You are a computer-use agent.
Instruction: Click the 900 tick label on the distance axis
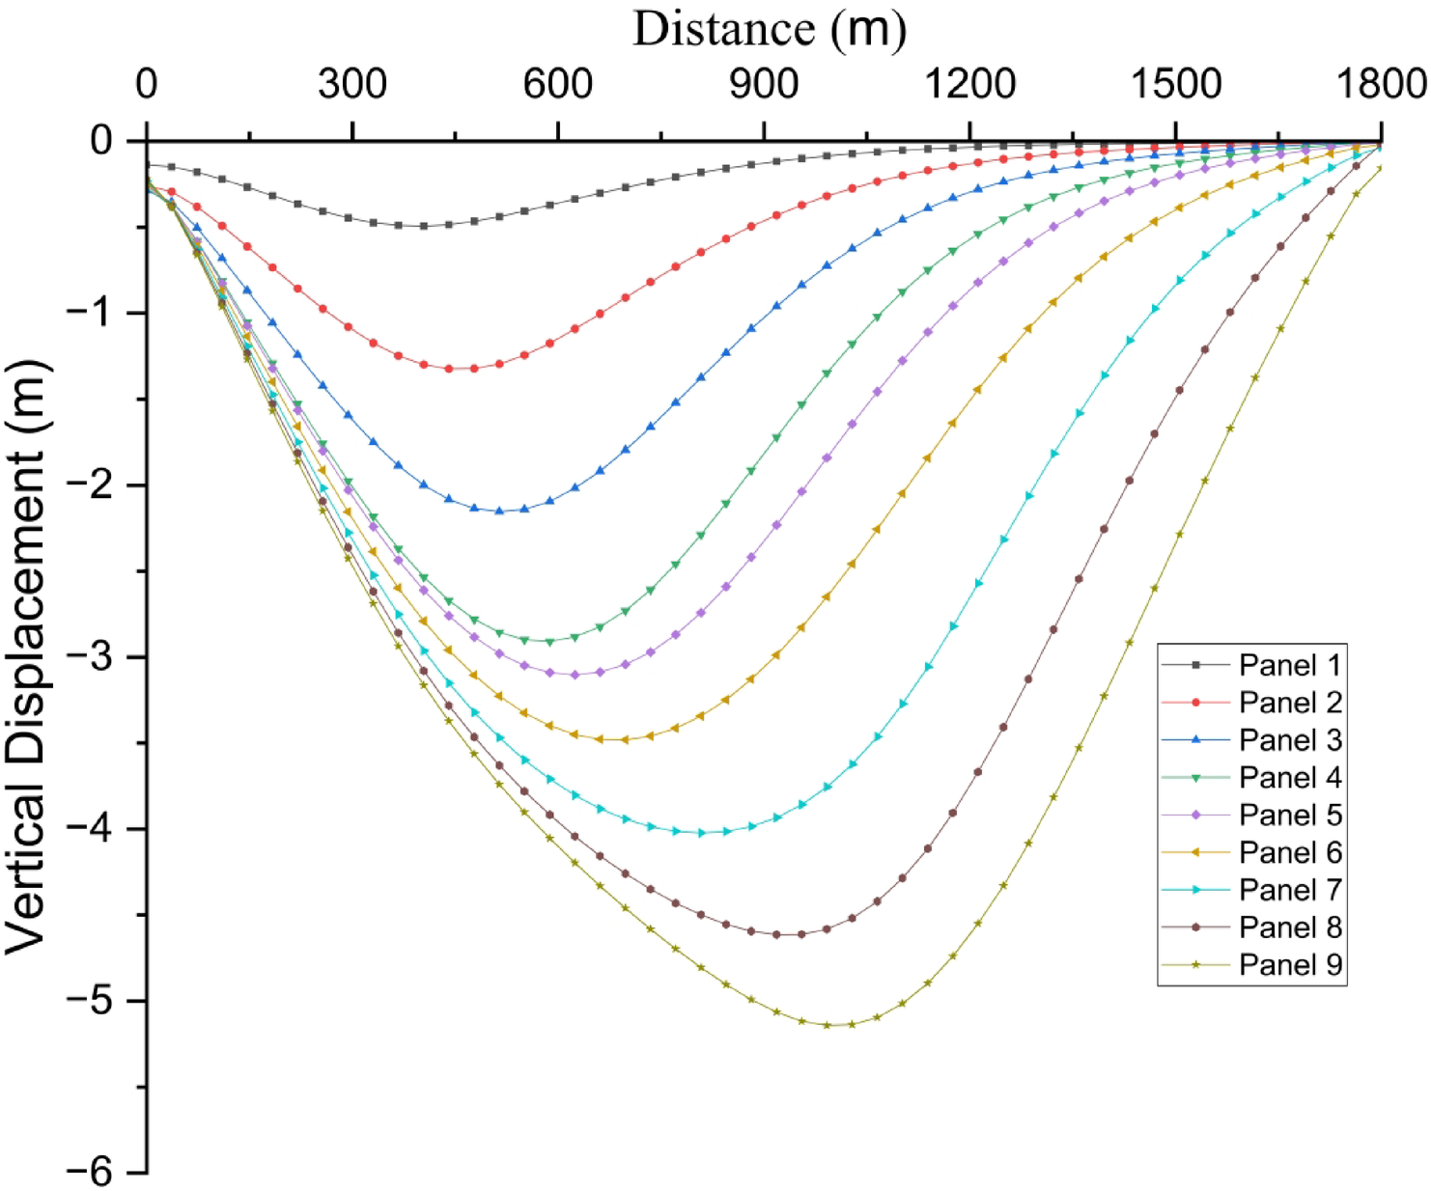764,85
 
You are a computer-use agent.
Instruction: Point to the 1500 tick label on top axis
1175,85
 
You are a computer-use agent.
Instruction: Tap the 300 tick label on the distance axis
352,85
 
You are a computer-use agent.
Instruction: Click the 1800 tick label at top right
1381,85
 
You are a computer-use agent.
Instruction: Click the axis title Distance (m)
770,29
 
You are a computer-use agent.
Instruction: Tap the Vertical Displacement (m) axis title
27,656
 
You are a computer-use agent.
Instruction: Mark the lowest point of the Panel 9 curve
838,1025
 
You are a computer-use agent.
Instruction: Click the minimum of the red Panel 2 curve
461,369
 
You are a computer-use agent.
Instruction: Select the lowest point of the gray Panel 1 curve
410,226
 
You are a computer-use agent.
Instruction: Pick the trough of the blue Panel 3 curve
499,511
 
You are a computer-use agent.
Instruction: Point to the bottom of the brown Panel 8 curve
789,934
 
